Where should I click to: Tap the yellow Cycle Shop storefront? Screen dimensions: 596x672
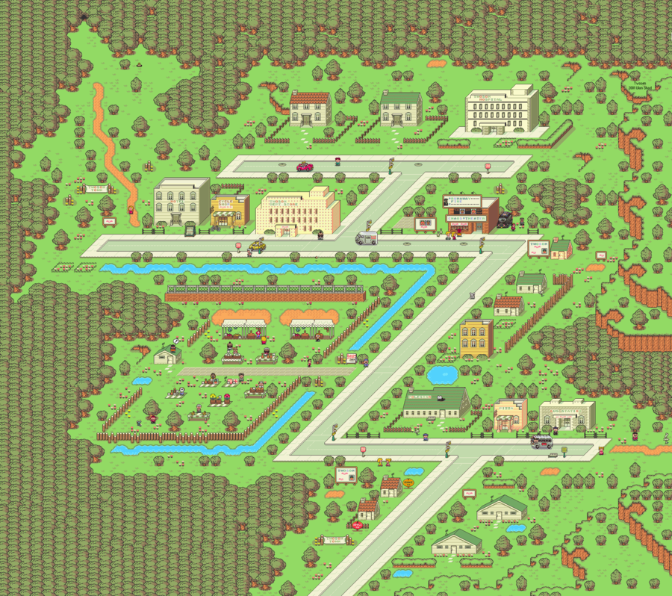click(x=230, y=211)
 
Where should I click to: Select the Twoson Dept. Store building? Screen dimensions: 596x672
click(x=296, y=211)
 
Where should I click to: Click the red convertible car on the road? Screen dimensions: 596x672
click(x=305, y=167)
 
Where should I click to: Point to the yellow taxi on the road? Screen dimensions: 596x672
click(x=258, y=244)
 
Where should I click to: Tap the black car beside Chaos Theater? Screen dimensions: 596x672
click(x=506, y=219)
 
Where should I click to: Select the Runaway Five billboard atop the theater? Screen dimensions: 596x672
click(x=463, y=201)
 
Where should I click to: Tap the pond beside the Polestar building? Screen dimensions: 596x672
click(x=442, y=373)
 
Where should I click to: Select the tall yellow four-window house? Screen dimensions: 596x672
click(x=476, y=338)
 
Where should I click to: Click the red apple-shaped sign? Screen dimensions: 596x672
click(x=357, y=525)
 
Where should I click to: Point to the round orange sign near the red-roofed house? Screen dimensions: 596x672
click(x=408, y=483)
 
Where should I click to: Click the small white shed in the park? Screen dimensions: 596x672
click(x=167, y=355)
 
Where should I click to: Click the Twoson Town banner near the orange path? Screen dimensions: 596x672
click(x=96, y=189)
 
